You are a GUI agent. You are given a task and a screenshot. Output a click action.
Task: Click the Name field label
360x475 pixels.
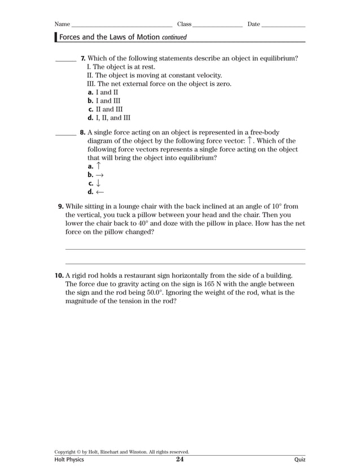point(62,24)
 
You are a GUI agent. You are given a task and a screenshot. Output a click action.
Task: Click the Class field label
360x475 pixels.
point(185,24)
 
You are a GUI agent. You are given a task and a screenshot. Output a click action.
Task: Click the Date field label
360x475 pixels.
point(254,24)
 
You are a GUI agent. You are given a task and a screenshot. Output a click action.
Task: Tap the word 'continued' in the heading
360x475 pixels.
point(174,37)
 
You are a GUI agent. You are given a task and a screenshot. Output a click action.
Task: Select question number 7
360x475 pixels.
point(83,58)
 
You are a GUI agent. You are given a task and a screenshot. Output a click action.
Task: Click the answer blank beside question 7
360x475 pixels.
point(65,59)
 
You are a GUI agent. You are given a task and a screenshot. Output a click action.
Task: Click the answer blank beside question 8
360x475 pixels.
point(65,134)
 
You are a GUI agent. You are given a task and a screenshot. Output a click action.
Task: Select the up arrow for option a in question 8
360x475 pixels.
point(99,166)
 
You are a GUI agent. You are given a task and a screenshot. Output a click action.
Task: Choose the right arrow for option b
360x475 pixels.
point(100,175)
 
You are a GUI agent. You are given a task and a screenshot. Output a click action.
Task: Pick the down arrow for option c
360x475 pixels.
point(99,184)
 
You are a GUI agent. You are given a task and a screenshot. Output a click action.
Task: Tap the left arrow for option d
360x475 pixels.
point(100,192)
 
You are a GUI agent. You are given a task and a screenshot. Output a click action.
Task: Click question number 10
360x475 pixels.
point(59,276)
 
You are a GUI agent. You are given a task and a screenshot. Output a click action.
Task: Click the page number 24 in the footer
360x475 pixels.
point(179,460)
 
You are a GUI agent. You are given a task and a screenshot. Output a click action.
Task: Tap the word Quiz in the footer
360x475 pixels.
point(300,460)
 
